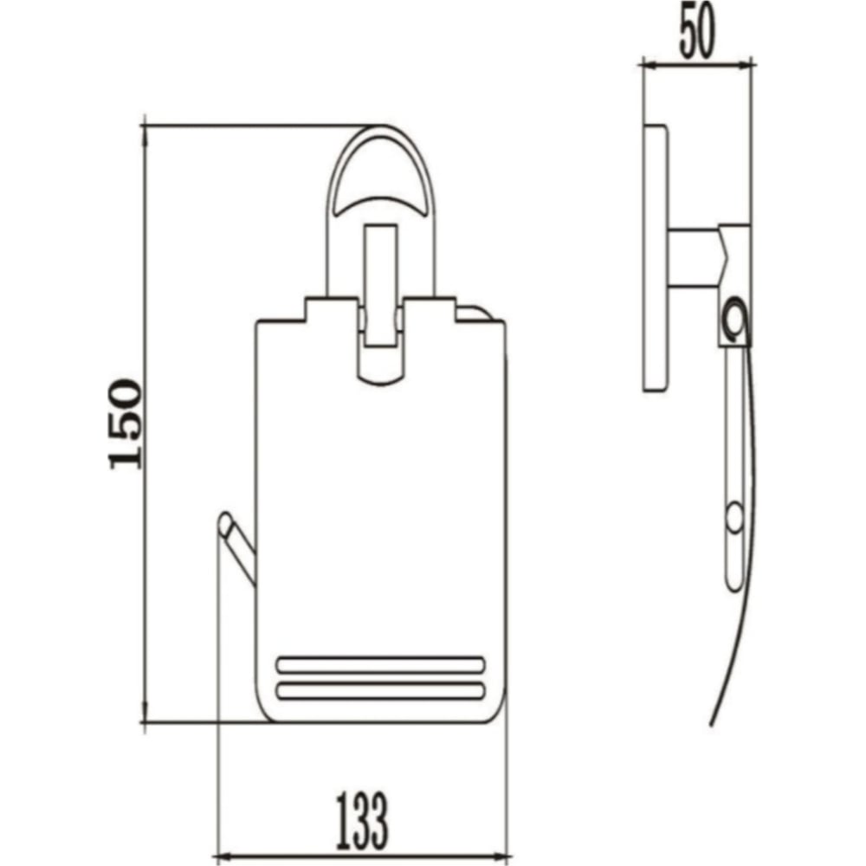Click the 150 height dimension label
pos(126,423)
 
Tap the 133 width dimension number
pos(362,821)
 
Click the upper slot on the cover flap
pos(380,665)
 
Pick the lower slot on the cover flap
pos(380,691)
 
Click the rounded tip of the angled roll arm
pos(225,522)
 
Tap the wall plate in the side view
pos(656,258)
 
